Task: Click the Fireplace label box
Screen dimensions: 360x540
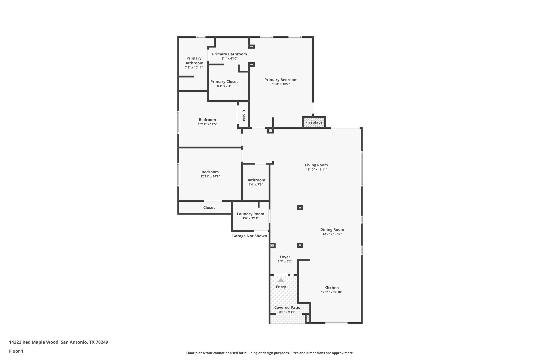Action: [x=314, y=122]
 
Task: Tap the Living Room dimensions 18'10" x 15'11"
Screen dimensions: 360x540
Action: [x=316, y=170]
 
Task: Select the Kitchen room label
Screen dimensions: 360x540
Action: [x=331, y=288]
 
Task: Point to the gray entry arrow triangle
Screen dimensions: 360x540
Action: [x=281, y=280]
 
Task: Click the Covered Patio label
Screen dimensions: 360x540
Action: [x=287, y=308]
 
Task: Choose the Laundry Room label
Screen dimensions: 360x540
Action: [x=250, y=214]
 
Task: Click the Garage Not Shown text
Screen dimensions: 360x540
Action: [x=249, y=236]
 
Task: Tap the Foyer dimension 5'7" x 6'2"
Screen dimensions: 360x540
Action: [x=285, y=262]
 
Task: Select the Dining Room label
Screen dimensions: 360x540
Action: [x=332, y=229]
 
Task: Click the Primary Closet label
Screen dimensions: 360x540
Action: [x=224, y=82]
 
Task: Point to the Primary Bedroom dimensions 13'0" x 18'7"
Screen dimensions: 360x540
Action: [x=281, y=84]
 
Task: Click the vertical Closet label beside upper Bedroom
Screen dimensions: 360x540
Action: [x=244, y=116]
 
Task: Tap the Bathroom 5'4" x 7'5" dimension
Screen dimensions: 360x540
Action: [x=255, y=185]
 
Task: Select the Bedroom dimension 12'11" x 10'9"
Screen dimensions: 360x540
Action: [x=210, y=176]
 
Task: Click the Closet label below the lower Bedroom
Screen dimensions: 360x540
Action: [x=209, y=208]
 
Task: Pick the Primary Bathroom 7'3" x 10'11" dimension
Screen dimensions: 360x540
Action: [x=194, y=68]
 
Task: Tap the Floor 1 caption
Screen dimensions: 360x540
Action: [x=16, y=351]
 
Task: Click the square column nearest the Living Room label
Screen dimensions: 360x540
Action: [x=300, y=208]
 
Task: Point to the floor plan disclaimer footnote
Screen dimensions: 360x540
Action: [x=270, y=353]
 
